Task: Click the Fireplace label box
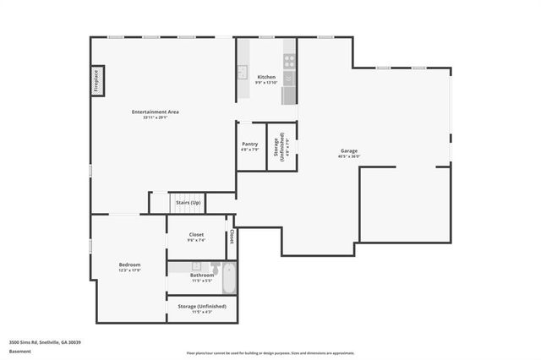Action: (x=97, y=80)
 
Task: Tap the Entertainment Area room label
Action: (x=155, y=112)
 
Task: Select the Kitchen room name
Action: (x=266, y=77)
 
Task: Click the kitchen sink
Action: (x=242, y=72)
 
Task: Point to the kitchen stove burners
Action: (x=289, y=61)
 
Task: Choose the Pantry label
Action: (x=250, y=145)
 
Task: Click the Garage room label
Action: (x=349, y=150)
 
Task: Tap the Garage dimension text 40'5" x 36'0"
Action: (x=349, y=156)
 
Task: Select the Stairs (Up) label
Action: (x=188, y=203)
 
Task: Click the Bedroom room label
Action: (x=129, y=265)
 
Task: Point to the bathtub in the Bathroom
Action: (x=227, y=272)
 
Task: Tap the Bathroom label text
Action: (x=201, y=275)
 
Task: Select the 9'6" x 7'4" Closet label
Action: (x=196, y=237)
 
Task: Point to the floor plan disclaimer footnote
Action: (x=270, y=352)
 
